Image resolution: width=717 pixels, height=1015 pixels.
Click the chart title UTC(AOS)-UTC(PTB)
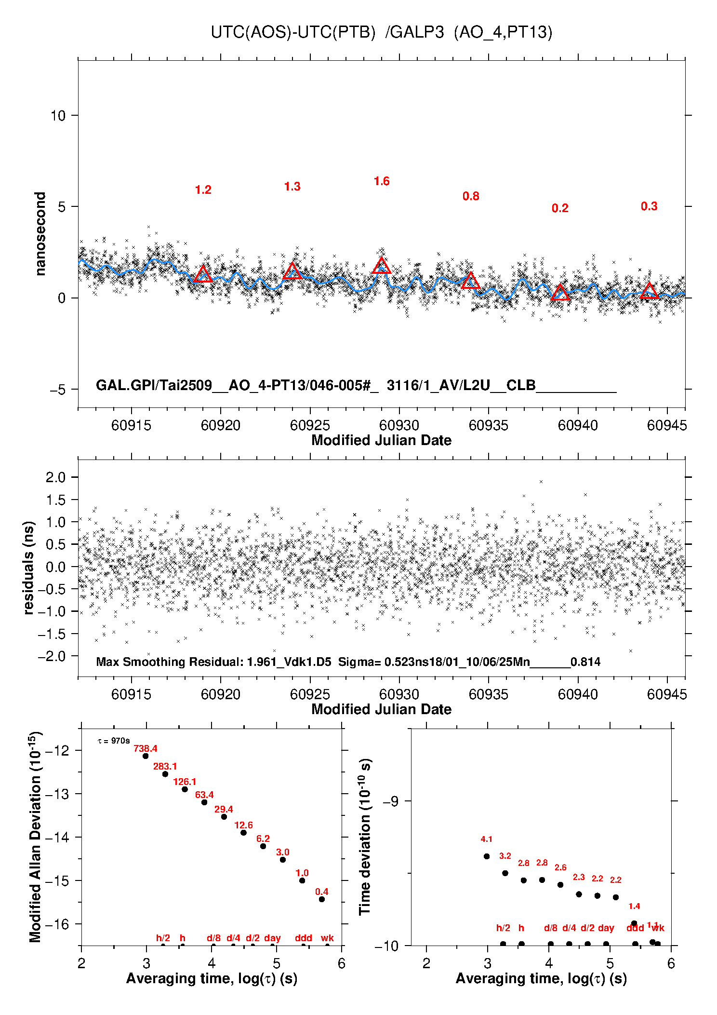click(x=293, y=32)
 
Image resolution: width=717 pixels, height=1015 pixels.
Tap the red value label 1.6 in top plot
click(x=382, y=181)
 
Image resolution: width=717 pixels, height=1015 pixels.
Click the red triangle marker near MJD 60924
click(x=292, y=271)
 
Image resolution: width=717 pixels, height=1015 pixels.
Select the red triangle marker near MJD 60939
click(x=560, y=293)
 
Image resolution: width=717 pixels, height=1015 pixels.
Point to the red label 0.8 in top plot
click(x=471, y=196)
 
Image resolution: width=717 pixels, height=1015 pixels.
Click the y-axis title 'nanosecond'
click(x=40, y=234)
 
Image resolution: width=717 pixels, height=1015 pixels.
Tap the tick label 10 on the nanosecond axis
click(x=58, y=116)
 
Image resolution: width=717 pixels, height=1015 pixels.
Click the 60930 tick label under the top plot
click(x=399, y=425)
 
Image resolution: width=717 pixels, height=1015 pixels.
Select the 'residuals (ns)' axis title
click(x=29, y=568)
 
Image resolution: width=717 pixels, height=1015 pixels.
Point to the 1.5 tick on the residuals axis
click(x=55, y=500)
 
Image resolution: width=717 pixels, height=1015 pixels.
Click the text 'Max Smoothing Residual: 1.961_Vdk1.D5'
click(x=213, y=662)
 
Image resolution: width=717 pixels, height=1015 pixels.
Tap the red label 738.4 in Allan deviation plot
click(x=146, y=749)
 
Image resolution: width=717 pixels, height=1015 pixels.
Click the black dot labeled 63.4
click(x=204, y=802)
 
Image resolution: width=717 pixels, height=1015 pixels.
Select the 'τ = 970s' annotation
click(x=114, y=741)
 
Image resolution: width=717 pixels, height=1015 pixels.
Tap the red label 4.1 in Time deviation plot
click(x=487, y=839)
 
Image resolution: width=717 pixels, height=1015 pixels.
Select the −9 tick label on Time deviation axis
click(x=390, y=801)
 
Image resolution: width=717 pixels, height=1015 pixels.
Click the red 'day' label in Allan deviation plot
click(x=272, y=938)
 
